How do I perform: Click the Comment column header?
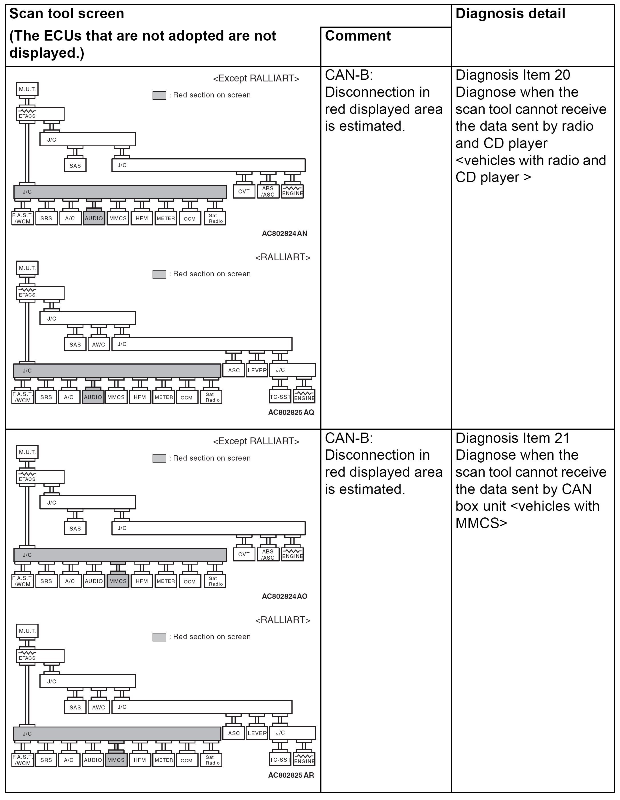(x=357, y=36)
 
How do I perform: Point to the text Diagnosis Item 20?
(x=512, y=75)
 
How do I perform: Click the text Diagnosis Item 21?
(x=512, y=438)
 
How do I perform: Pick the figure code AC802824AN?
(x=284, y=233)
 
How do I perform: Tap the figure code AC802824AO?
(x=284, y=596)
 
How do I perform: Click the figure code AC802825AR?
(x=291, y=775)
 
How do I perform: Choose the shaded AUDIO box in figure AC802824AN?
(x=94, y=218)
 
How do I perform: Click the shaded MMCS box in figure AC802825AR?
(x=116, y=760)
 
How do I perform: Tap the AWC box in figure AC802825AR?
(x=99, y=707)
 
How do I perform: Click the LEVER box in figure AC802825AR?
(x=257, y=733)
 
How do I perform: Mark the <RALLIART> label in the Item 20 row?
(x=283, y=257)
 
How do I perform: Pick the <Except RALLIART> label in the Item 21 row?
(x=256, y=441)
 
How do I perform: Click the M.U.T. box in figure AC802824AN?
(x=27, y=89)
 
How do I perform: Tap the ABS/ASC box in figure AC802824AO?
(x=268, y=555)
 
